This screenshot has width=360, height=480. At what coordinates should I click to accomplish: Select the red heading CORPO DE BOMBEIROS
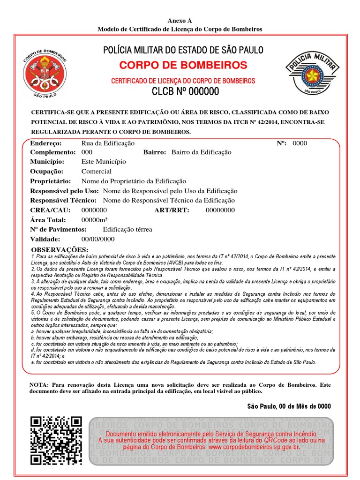[183, 65]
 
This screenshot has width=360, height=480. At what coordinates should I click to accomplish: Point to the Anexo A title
[180, 21]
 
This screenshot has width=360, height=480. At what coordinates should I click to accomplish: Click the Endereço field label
[46, 143]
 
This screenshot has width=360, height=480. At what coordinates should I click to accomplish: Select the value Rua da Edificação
[108, 143]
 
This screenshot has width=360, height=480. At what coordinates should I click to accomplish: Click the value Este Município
[104, 162]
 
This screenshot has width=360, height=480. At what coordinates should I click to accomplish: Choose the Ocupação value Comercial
[97, 172]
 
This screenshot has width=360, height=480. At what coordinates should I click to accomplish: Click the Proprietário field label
[51, 181]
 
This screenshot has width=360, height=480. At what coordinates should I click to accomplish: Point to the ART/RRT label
[172, 210]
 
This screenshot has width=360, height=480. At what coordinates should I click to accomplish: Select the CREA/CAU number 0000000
[94, 210]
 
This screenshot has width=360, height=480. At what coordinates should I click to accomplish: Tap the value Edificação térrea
[127, 229]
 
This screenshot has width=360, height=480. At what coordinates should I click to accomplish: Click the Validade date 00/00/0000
[98, 239]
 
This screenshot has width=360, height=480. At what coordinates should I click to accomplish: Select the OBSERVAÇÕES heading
[59, 249]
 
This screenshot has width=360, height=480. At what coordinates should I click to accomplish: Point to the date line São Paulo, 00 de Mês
[289, 406]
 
